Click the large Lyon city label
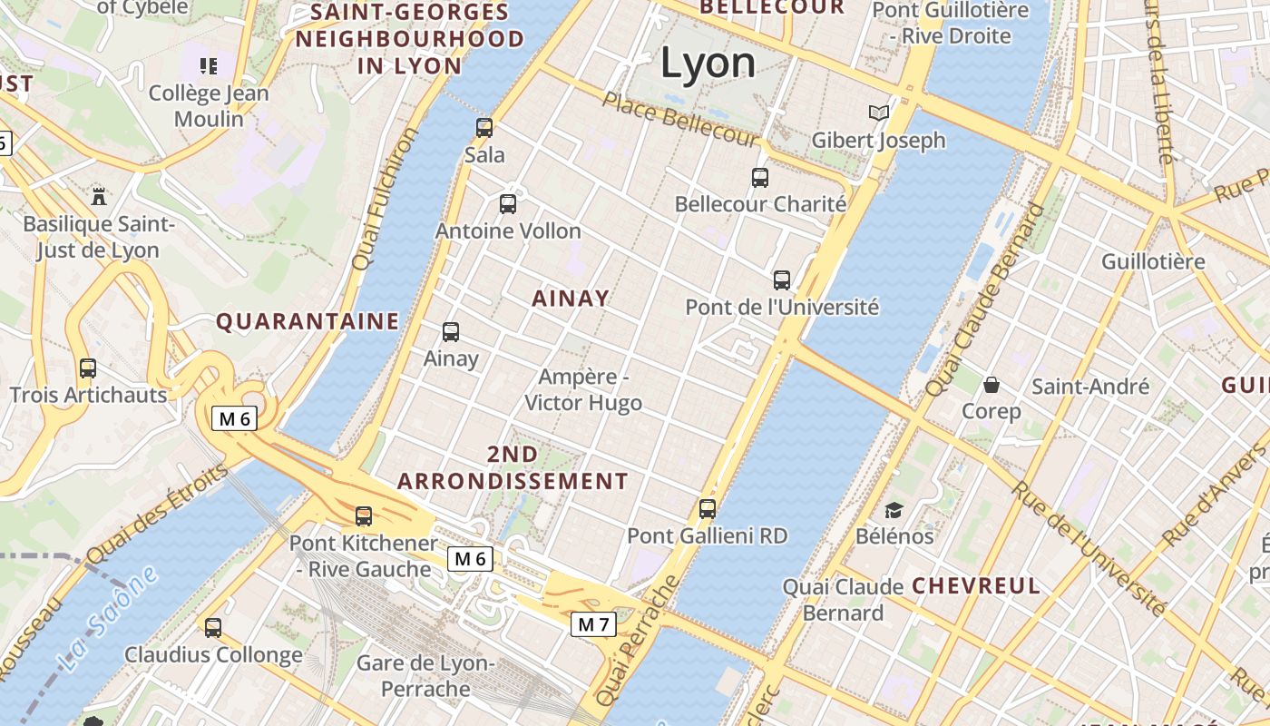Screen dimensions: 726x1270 click(x=708, y=64)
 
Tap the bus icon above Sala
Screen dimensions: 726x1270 click(x=484, y=128)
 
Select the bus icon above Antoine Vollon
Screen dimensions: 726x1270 click(x=508, y=204)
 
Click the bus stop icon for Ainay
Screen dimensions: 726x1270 click(x=451, y=332)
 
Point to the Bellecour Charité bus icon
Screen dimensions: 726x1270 click(x=760, y=178)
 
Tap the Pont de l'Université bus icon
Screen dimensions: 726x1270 click(x=782, y=280)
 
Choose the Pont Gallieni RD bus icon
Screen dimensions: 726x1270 click(x=708, y=509)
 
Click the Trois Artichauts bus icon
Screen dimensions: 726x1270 click(x=88, y=368)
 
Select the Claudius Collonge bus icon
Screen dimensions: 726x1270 click(x=213, y=627)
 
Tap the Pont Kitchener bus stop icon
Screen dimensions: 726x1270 click(x=364, y=516)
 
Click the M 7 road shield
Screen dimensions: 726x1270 click(x=594, y=624)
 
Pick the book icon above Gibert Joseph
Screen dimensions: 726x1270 click(x=878, y=113)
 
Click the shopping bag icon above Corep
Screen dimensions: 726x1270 click(x=992, y=385)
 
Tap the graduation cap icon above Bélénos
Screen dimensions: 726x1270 click(x=894, y=510)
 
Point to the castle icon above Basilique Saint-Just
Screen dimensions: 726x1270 click(x=99, y=196)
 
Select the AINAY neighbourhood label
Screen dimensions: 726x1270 click(x=571, y=299)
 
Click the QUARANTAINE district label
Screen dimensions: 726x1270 click(x=308, y=321)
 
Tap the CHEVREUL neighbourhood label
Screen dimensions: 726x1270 click(x=976, y=585)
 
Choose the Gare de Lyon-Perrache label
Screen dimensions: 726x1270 click(x=425, y=676)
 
